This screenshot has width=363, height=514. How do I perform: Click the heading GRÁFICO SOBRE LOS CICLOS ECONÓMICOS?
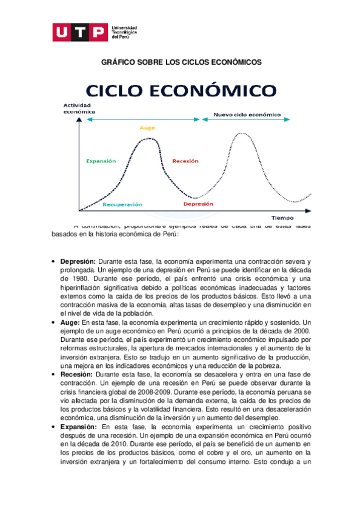181,62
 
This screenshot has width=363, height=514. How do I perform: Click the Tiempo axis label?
282,217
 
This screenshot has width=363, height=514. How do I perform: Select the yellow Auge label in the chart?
147,128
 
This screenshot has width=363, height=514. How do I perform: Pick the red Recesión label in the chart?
185,161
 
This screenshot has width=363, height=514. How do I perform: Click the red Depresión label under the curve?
198,204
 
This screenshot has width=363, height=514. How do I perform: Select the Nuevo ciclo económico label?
247,114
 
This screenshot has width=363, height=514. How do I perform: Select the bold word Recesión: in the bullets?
76,375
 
